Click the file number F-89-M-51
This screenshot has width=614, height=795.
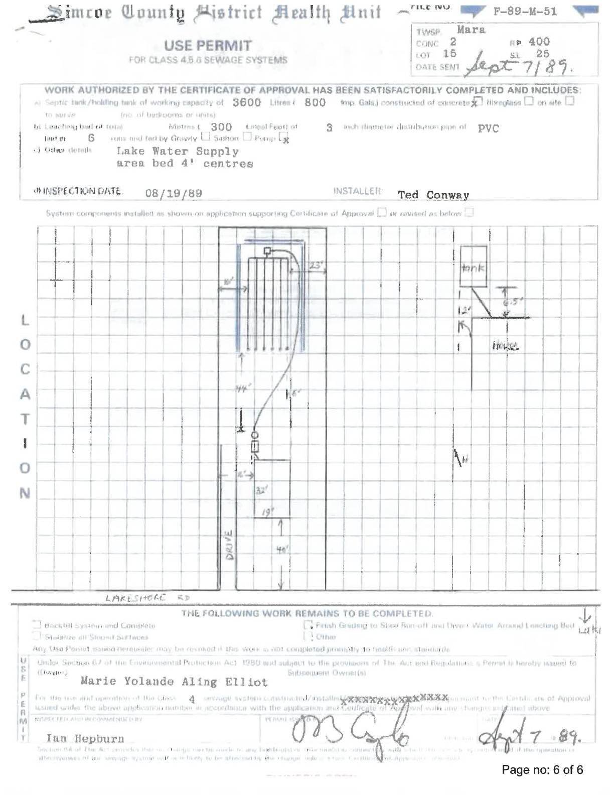click(x=525, y=12)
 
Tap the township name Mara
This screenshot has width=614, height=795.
click(x=471, y=30)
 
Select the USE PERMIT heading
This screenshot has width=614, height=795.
click(x=208, y=46)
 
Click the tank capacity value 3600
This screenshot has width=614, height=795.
click(x=246, y=102)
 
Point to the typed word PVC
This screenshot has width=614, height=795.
click(x=488, y=128)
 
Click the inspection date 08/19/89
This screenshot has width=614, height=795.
click(x=174, y=193)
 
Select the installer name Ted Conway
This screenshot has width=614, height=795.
click(x=433, y=195)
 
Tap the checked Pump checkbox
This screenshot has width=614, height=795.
click(x=284, y=137)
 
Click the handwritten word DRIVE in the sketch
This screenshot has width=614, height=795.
click(x=229, y=546)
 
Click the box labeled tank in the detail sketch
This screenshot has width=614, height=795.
click(x=473, y=267)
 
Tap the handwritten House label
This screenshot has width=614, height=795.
click(x=505, y=346)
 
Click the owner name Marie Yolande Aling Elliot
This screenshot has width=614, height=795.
click(x=174, y=682)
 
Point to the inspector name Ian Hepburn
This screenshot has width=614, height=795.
click(x=85, y=738)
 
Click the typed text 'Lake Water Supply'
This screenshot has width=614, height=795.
click(x=178, y=151)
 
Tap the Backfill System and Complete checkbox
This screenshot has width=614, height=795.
click(x=37, y=625)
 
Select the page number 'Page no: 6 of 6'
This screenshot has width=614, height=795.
click(x=542, y=770)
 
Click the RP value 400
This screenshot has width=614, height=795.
click(x=539, y=42)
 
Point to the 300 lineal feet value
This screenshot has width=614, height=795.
click(x=221, y=127)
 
